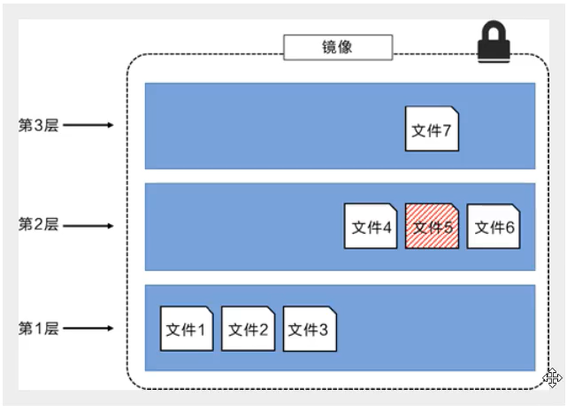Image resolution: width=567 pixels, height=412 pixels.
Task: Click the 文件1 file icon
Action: click(x=187, y=329)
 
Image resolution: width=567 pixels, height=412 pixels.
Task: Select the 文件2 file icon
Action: click(x=248, y=329)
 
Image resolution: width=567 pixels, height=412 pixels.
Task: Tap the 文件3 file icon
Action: click(x=310, y=329)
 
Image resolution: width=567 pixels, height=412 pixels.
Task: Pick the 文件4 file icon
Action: click(x=371, y=227)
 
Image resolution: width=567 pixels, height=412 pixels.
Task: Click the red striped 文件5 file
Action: click(x=432, y=227)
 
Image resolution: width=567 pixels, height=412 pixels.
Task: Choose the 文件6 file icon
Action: click(x=494, y=227)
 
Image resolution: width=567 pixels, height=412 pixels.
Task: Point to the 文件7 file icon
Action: click(x=432, y=129)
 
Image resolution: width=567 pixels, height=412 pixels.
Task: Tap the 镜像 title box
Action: click(x=338, y=47)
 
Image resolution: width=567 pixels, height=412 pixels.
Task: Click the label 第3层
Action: click(x=38, y=125)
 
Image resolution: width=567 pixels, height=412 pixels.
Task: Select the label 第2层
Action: click(x=38, y=225)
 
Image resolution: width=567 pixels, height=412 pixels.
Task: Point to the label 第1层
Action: click(x=38, y=329)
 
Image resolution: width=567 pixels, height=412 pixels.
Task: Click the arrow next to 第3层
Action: click(x=88, y=125)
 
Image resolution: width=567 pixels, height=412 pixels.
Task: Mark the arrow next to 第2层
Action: click(x=88, y=225)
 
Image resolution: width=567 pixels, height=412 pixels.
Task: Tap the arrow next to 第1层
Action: click(x=88, y=329)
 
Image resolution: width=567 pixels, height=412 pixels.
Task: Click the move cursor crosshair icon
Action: click(x=553, y=378)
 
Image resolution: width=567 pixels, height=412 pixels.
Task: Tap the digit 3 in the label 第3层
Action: click(x=38, y=125)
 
